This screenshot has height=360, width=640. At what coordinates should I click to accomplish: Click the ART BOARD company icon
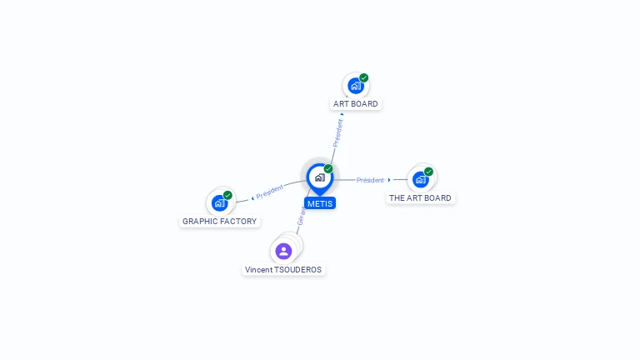tap(356, 86)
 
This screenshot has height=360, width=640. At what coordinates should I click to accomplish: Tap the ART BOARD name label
tap(356, 103)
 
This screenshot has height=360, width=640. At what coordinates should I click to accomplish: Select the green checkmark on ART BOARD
tap(363, 77)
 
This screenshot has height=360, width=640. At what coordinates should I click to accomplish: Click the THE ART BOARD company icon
tap(420, 180)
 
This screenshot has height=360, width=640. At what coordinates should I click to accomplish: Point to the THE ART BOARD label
tap(420, 198)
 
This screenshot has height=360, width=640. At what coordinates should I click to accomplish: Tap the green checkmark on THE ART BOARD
tap(428, 172)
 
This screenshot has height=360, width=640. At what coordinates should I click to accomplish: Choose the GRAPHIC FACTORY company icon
tap(220, 202)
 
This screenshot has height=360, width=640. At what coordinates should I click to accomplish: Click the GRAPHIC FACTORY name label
tap(220, 221)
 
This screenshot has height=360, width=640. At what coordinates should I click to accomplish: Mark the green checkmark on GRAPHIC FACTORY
tap(227, 195)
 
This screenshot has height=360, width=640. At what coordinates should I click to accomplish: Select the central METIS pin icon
tap(320, 178)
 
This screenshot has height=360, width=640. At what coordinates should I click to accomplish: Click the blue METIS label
tap(320, 203)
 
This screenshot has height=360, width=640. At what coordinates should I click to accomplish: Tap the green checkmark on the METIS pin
tap(328, 168)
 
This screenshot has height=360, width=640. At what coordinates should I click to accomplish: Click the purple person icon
tap(283, 251)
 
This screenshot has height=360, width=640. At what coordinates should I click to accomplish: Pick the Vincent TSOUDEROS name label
tap(283, 270)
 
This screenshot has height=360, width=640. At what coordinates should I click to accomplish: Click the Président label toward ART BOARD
tap(338, 132)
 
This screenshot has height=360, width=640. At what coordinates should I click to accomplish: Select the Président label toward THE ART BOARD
tap(370, 180)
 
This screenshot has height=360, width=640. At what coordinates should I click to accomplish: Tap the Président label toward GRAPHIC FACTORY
tap(270, 192)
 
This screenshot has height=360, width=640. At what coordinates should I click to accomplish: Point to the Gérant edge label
tap(302, 216)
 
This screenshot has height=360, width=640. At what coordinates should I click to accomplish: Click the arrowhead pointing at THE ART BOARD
tap(389, 180)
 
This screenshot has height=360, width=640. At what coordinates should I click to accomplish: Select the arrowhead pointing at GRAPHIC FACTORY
tap(252, 198)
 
